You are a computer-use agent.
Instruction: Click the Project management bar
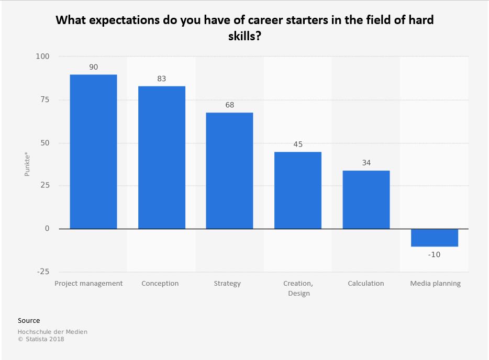point(93,152)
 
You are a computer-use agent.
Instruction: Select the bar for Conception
point(161,157)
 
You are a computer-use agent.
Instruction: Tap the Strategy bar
point(229,171)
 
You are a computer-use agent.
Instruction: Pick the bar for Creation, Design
point(298,190)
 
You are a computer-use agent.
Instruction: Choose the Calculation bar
point(366,200)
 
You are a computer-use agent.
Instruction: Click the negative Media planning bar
point(434,238)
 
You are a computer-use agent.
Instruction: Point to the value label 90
point(93,67)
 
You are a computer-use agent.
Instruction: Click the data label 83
point(161,78)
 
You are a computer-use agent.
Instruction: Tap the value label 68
point(229,105)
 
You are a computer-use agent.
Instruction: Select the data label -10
point(434,254)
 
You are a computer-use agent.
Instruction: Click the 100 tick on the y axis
point(43,57)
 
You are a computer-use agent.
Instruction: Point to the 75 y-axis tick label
point(45,100)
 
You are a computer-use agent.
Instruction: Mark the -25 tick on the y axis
point(43,272)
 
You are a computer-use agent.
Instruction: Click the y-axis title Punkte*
point(27,163)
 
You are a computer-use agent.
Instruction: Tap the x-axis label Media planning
point(435,284)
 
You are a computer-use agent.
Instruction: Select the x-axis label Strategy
point(227,284)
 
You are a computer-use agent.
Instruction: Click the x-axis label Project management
point(89,284)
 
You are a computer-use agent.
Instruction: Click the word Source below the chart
point(29,320)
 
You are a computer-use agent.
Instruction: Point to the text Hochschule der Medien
point(52,331)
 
